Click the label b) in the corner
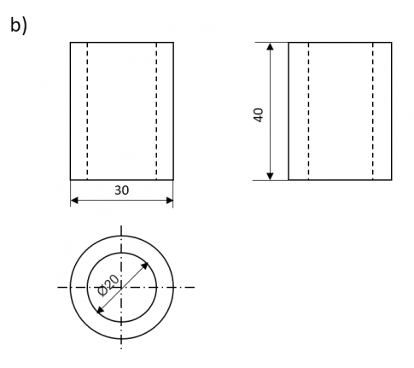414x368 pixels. (x=19, y=25)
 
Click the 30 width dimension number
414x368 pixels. (x=121, y=190)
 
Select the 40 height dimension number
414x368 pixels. (x=259, y=114)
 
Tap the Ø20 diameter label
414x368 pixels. (x=110, y=284)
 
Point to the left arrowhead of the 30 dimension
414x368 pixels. (x=74, y=202)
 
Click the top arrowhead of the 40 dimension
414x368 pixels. (x=271, y=47)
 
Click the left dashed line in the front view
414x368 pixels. (x=87, y=111)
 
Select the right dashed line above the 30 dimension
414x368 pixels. (x=156, y=111)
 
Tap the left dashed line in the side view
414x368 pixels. (x=308, y=111)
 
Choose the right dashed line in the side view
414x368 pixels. (x=373, y=111)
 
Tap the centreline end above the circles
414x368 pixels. (x=121, y=228)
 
